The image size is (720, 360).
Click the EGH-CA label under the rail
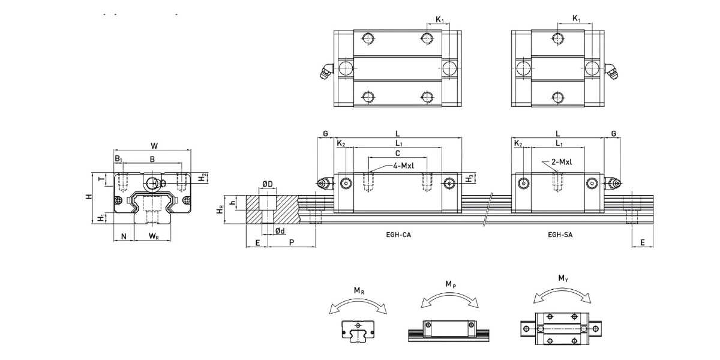398,235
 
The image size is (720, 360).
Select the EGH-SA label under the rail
560,235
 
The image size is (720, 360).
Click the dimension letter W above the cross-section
154,145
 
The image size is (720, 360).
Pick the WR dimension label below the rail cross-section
154,236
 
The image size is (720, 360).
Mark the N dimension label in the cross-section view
124,236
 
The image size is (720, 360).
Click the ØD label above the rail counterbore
268,184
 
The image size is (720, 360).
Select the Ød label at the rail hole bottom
280,230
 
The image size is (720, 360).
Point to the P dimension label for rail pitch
292,242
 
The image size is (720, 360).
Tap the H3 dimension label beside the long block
470,179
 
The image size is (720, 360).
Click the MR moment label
359,291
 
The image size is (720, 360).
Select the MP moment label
450,283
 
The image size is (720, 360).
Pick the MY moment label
562,278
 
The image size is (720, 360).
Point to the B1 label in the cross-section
119,158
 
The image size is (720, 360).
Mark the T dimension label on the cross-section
101,179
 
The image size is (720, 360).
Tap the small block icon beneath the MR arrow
358,331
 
